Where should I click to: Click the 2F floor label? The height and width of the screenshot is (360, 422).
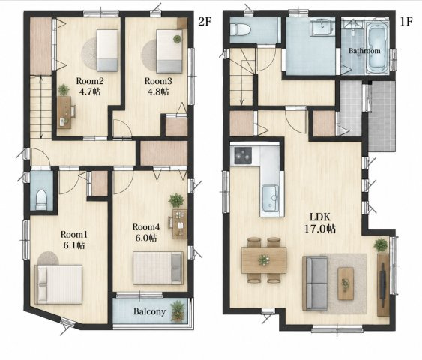(205, 22)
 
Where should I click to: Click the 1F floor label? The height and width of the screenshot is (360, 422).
(406, 22)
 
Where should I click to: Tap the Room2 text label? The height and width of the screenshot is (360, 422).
(90, 81)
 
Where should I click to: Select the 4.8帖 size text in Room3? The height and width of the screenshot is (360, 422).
(158, 91)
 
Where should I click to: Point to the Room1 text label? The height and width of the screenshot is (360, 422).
(74, 234)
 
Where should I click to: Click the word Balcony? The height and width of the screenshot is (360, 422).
(149, 311)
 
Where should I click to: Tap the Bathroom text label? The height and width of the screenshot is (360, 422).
(364, 50)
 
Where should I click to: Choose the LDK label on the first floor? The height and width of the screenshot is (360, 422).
(319, 217)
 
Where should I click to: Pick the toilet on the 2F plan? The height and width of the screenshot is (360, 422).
(41, 199)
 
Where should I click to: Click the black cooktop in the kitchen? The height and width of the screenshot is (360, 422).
(243, 155)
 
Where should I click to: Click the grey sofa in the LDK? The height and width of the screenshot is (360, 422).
(314, 283)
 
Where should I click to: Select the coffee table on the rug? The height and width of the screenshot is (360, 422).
(346, 283)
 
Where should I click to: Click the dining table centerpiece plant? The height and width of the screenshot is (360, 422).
(264, 260)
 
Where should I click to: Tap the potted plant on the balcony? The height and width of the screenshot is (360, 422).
(178, 311)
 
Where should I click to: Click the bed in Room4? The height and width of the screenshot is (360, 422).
(158, 268)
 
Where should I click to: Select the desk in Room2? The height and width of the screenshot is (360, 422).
(64, 112)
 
